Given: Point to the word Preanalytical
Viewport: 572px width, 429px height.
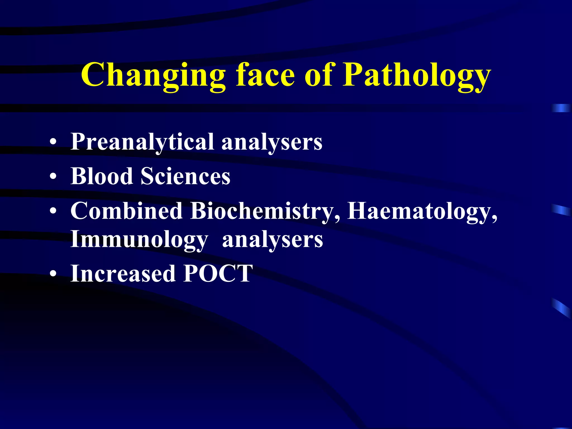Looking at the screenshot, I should coord(142,142).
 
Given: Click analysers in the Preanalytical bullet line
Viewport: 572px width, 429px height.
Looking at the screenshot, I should coord(272,142).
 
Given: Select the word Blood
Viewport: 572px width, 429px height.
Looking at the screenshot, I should coord(102,176).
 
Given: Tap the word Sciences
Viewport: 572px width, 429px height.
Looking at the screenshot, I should coord(185,176).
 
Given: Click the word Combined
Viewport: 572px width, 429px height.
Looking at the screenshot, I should coord(127,211).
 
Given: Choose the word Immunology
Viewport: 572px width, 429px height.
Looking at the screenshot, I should coord(139,240).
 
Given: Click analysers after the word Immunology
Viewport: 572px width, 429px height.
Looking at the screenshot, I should coord(273,240).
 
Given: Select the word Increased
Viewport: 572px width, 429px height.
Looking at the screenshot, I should coord(123,273).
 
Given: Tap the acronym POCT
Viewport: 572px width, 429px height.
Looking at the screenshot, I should coord(218,273).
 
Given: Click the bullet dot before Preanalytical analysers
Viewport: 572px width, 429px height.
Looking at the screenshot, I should coord(53,142).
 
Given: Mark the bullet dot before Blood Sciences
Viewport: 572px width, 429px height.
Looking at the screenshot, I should coord(53,177).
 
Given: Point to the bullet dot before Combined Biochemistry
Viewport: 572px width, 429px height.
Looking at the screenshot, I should coord(53,211).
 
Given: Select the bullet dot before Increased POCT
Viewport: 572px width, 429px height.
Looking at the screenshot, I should coord(53,274).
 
